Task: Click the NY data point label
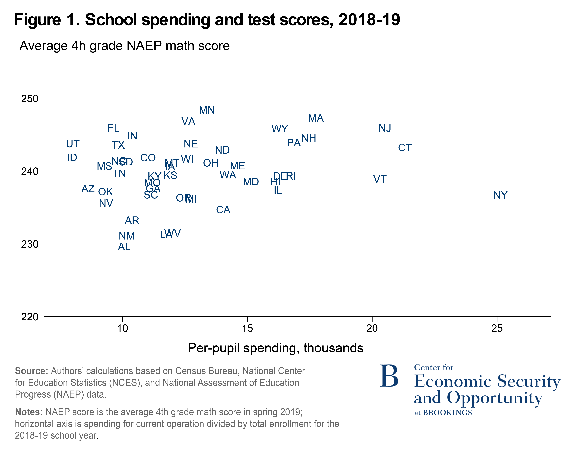(500, 195)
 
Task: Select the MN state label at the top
(207, 110)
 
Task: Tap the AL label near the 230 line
(124, 247)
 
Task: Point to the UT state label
(73, 144)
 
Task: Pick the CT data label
(405, 148)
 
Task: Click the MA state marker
(316, 118)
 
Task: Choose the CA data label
(223, 210)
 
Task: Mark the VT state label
(380, 179)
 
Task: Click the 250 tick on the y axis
(30, 99)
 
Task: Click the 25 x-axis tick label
(497, 328)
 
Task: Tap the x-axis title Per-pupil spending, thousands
(275, 348)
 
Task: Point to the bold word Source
(31, 371)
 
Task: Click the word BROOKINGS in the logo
(448, 413)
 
